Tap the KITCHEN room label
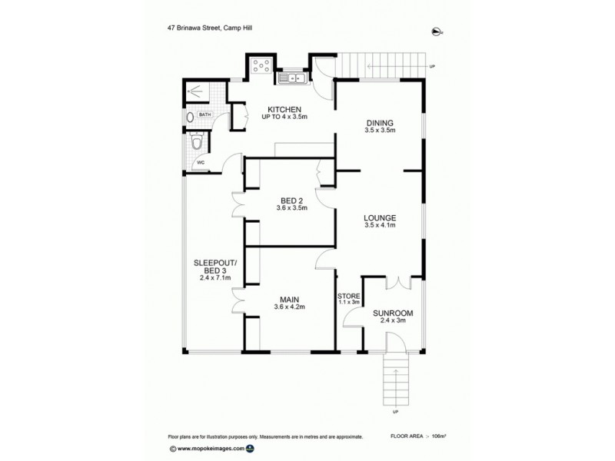(284, 109)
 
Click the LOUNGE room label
(379, 217)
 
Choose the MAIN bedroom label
(290, 298)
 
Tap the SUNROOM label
(393, 313)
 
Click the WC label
(201, 163)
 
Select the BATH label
(204, 115)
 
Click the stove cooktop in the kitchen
(261, 66)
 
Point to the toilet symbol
(198, 142)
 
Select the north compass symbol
(438, 31)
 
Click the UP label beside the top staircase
(433, 67)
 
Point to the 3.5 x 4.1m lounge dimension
(379, 226)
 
